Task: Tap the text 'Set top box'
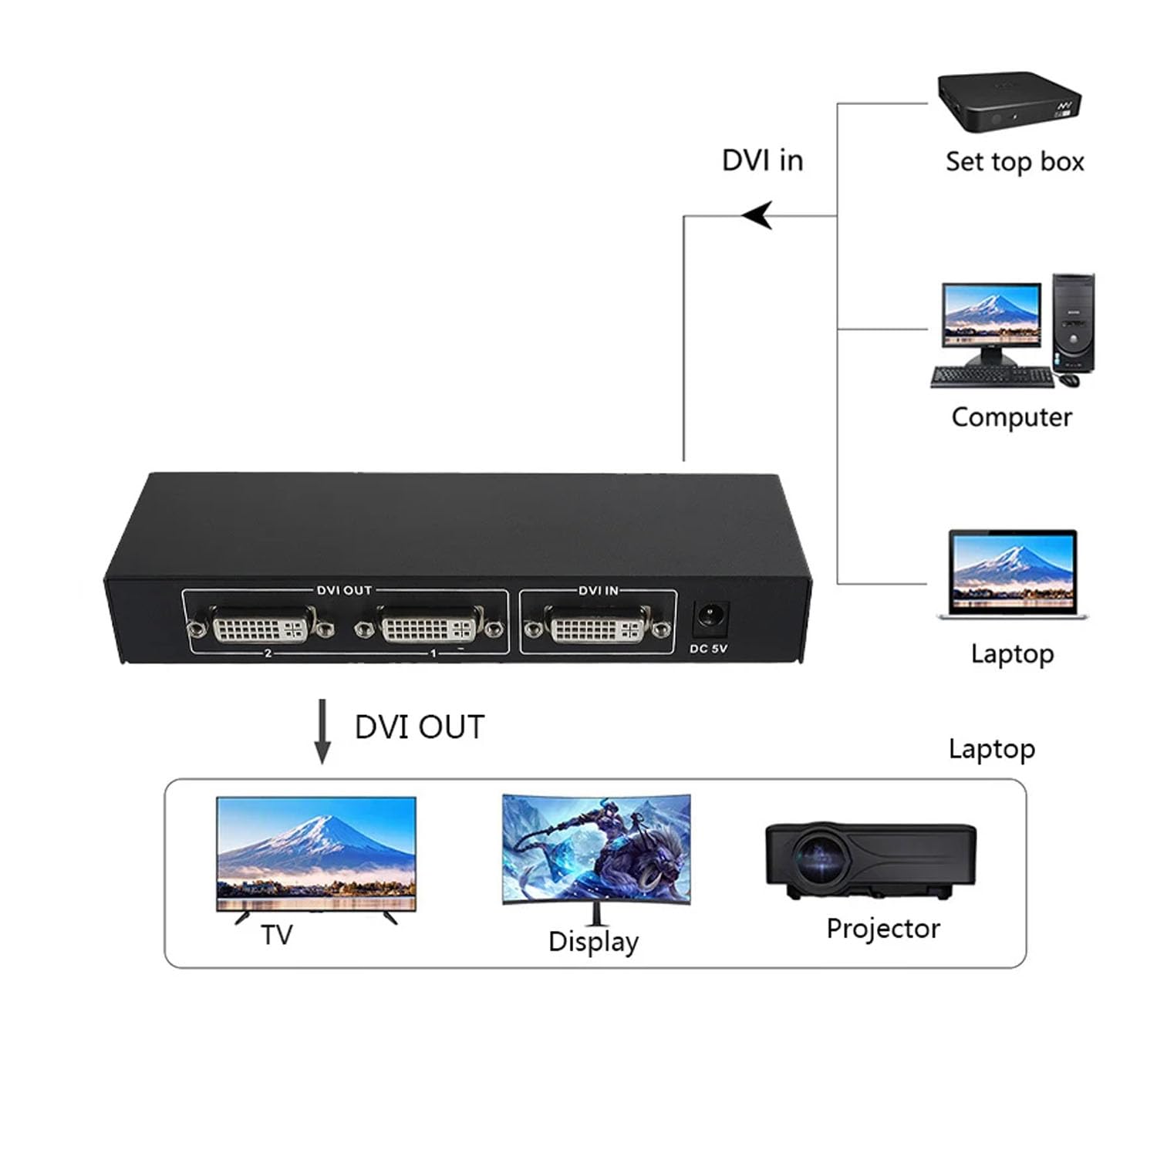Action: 1014,162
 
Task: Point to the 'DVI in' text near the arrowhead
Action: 762,160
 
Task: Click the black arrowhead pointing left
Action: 758,215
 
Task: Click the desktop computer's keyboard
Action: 992,377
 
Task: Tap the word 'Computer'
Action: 1011,417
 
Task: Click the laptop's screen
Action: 1013,571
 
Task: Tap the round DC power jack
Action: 708,617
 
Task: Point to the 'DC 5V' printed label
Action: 708,649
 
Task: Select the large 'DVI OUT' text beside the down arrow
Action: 420,727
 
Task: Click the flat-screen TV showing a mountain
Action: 316,855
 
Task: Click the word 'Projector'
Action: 883,929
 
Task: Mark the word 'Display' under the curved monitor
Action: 593,942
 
